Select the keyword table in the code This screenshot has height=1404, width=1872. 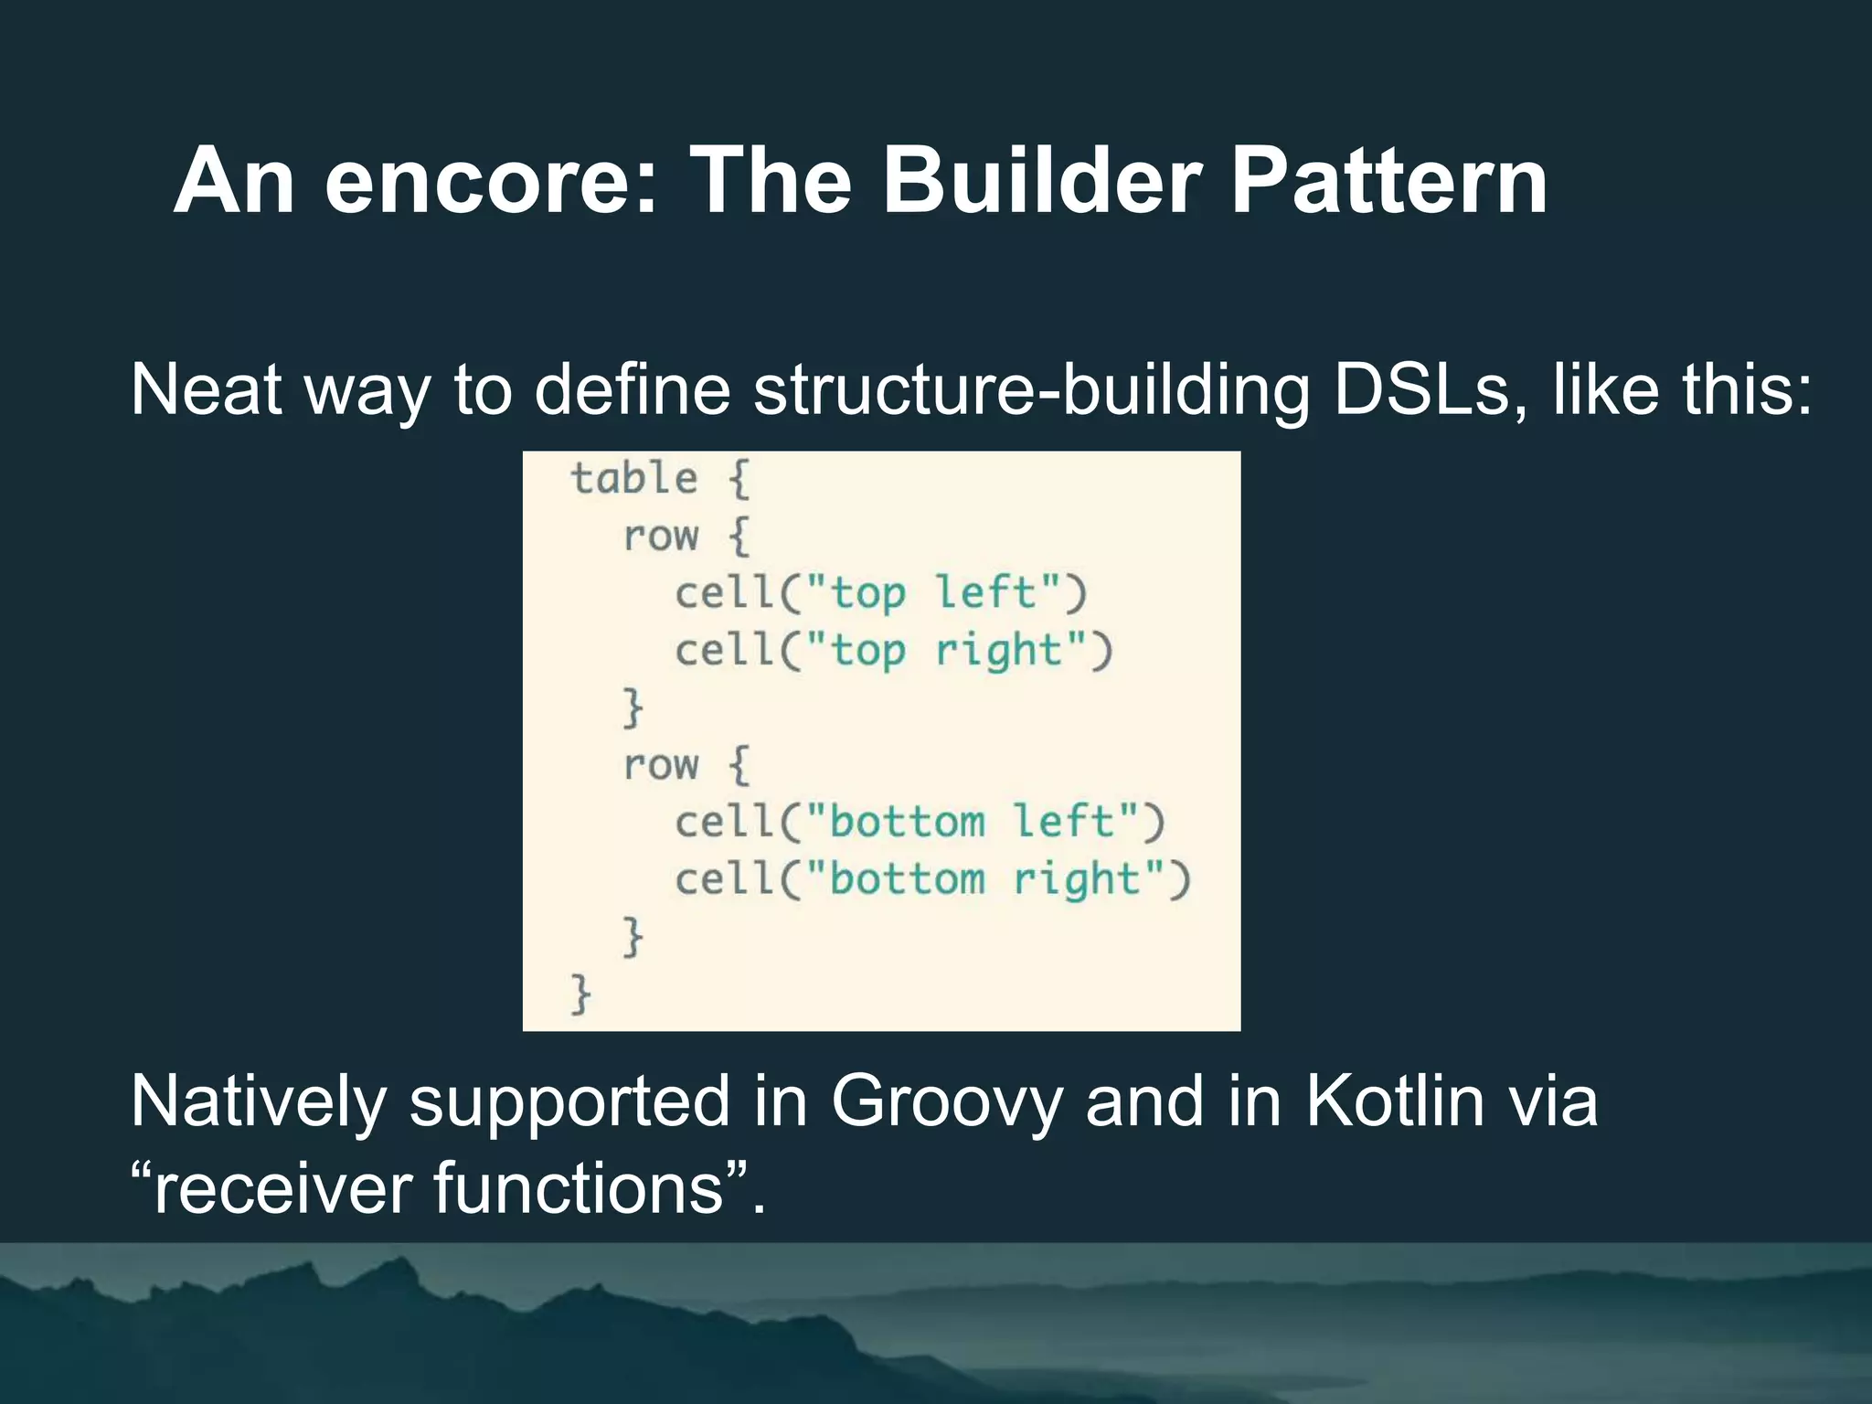[633, 479]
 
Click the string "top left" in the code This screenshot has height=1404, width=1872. [933, 593]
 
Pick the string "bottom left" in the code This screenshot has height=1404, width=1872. [973, 822]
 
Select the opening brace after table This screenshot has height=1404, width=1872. [739, 479]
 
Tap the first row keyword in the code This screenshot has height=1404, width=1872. [660, 537]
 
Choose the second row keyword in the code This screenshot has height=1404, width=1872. [660, 765]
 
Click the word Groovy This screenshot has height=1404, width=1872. [946, 1101]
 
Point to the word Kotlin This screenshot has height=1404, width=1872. [1394, 1101]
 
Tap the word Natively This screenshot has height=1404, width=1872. [258, 1101]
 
